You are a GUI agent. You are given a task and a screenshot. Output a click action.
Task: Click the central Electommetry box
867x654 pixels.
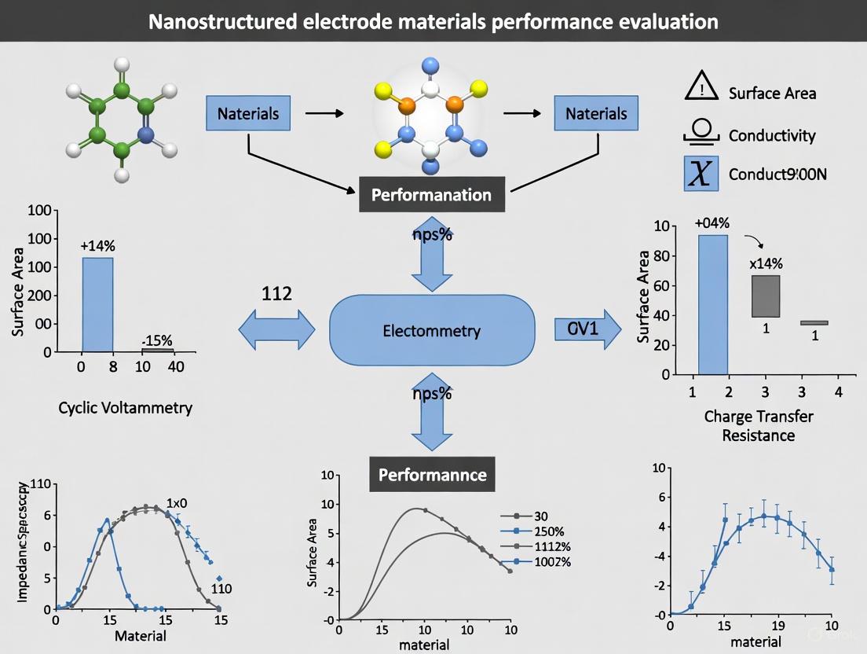point(431,330)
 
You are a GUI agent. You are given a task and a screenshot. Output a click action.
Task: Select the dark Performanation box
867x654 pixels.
point(431,195)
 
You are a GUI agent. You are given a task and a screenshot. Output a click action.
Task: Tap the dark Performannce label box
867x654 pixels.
point(432,475)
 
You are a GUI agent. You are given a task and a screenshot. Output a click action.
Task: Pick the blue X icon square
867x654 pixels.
point(700,174)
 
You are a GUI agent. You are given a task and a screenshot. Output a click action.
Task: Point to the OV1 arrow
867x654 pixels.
point(583,329)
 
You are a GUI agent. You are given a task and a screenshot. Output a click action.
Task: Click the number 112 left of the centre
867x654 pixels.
point(276,294)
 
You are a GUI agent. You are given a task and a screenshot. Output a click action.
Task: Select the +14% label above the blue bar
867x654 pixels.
point(98,246)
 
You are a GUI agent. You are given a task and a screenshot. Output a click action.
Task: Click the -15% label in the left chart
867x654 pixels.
point(156,340)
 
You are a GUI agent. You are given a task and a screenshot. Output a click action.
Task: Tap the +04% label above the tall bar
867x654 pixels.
point(713,222)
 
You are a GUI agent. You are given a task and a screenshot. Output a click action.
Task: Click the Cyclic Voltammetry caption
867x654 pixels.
point(125,408)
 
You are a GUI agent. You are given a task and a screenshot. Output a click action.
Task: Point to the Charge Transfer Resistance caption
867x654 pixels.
point(758,425)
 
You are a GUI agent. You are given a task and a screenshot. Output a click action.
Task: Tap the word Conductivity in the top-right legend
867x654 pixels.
point(771,135)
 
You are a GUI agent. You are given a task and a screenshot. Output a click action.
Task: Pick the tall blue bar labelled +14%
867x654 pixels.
point(97,303)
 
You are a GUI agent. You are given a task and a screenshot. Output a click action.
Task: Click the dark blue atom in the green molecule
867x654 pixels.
point(146,134)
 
